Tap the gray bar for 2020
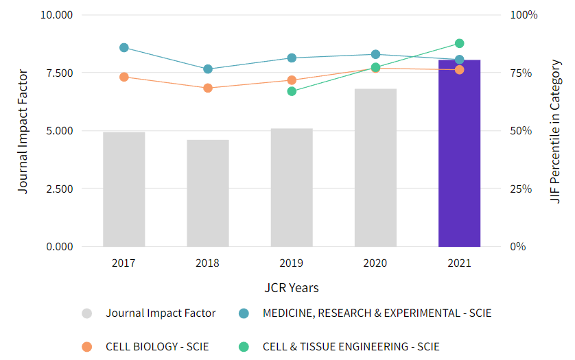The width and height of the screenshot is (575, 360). pos(375,167)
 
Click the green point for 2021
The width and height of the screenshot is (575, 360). pos(459,44)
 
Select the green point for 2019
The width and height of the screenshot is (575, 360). pos(292,91)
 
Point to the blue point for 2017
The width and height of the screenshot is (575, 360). pos(124,48)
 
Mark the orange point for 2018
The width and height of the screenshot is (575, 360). pos(208,88)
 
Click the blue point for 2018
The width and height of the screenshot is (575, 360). pos(208,69)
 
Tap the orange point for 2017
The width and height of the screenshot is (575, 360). pos(124,77)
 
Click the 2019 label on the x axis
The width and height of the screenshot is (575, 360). pos(292,263)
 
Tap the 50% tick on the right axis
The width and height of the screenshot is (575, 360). pos(521,131)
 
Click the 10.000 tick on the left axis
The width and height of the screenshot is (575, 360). pos(57,15)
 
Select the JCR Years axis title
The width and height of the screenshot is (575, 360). pos(292,288)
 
